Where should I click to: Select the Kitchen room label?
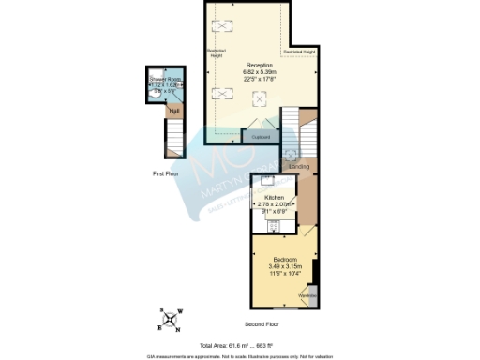[275, 198]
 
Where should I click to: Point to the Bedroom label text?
[285, 259]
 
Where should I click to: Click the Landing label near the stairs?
[300, 168]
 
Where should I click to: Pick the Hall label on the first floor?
[173, 109]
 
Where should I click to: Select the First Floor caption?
[165, 174]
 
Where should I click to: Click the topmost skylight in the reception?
[223, 26]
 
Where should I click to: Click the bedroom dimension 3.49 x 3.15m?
[285, 266]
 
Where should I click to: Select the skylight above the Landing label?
[290, 154]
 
